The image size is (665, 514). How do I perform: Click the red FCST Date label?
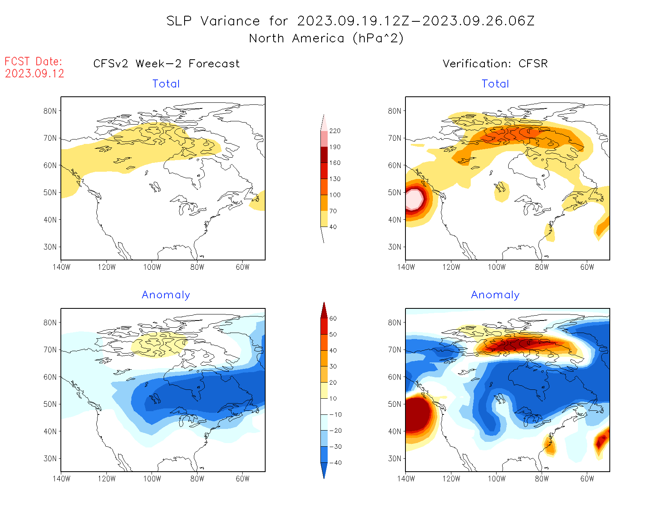[33, 62]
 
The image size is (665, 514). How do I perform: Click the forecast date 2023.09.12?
[35, 73]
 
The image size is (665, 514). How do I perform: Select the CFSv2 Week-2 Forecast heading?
[166, 64]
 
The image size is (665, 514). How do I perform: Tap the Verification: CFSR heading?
[495, 64]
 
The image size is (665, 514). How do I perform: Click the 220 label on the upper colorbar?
[335, 131]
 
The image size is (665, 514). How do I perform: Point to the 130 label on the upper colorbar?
[335, 179]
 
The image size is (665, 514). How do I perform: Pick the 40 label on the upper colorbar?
[333, 227]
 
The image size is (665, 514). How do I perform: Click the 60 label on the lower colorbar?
[333, 318]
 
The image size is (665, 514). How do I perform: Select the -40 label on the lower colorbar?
[335, 463]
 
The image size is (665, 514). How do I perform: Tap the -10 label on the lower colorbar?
[335, 414]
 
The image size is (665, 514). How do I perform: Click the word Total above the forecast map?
[166, 84]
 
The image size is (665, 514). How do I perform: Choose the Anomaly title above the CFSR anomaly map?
[495, 295]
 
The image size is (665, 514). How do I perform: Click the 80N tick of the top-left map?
[50, 111]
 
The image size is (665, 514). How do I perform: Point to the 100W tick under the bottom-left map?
[152, 479]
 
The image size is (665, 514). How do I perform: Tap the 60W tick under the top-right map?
[587, 267]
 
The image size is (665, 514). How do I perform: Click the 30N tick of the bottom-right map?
[395, 458]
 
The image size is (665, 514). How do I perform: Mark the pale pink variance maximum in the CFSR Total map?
[414, 200]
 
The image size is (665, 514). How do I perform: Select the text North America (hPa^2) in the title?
[326, 38]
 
